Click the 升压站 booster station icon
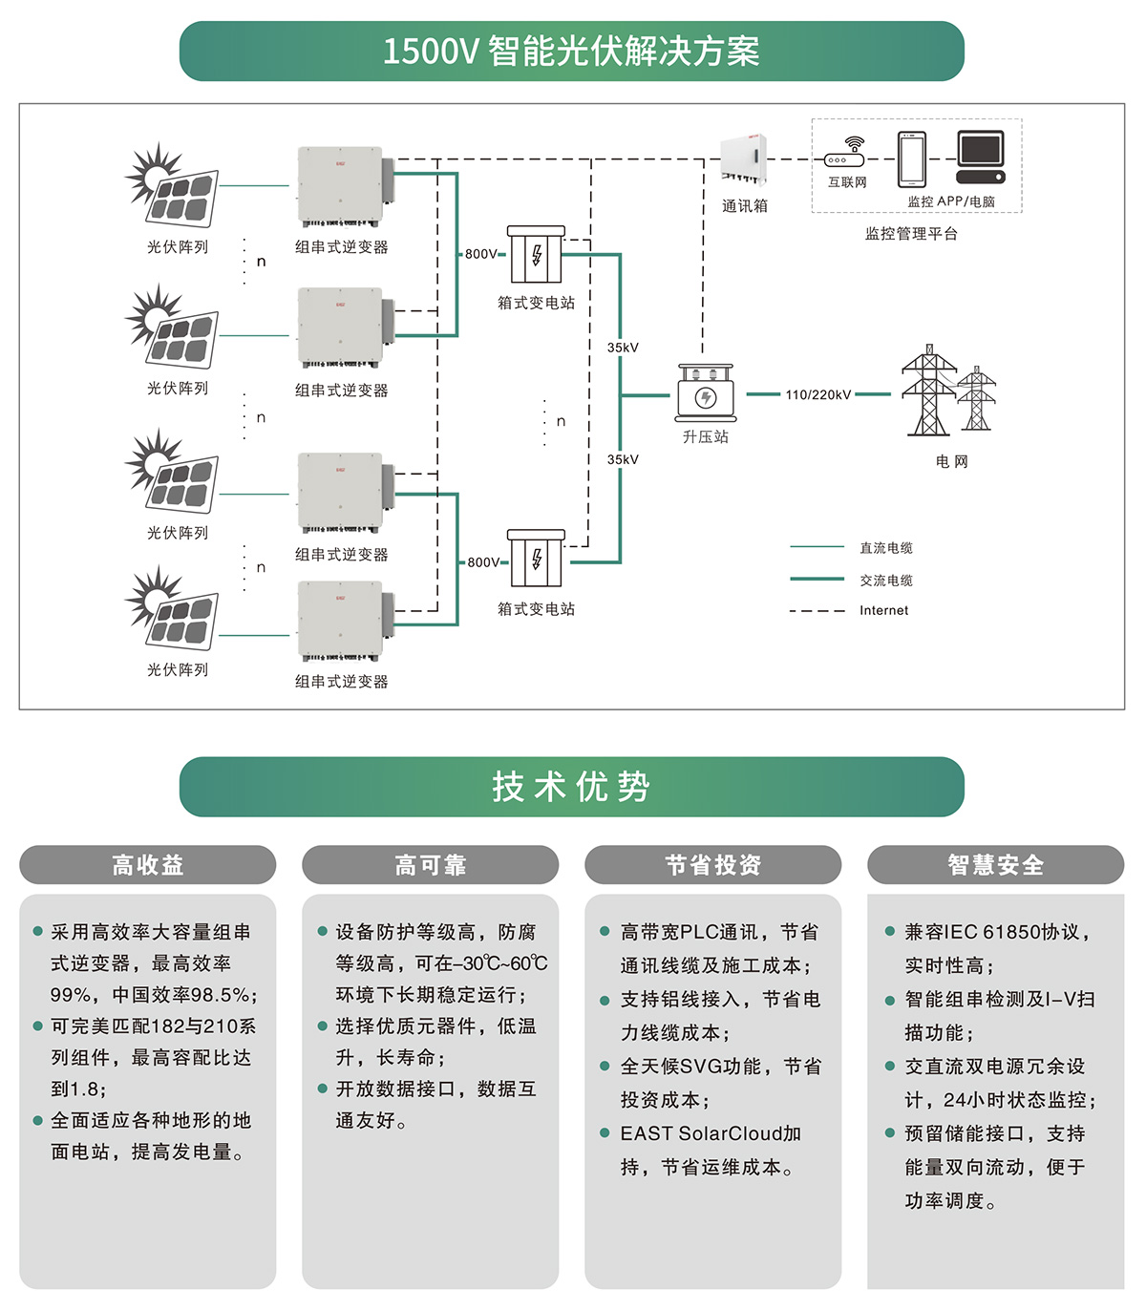706,392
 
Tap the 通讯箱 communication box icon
743,160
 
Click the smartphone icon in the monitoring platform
911,159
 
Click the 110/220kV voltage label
817,394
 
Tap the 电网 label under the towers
951,461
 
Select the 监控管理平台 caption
911,234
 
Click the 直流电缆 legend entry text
885,548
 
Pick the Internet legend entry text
883,611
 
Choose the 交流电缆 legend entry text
885,581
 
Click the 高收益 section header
148,865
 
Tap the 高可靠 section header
431,865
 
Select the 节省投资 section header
713,865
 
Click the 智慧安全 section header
996,865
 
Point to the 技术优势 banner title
571,787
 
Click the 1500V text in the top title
430,52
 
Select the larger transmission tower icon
927,391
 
